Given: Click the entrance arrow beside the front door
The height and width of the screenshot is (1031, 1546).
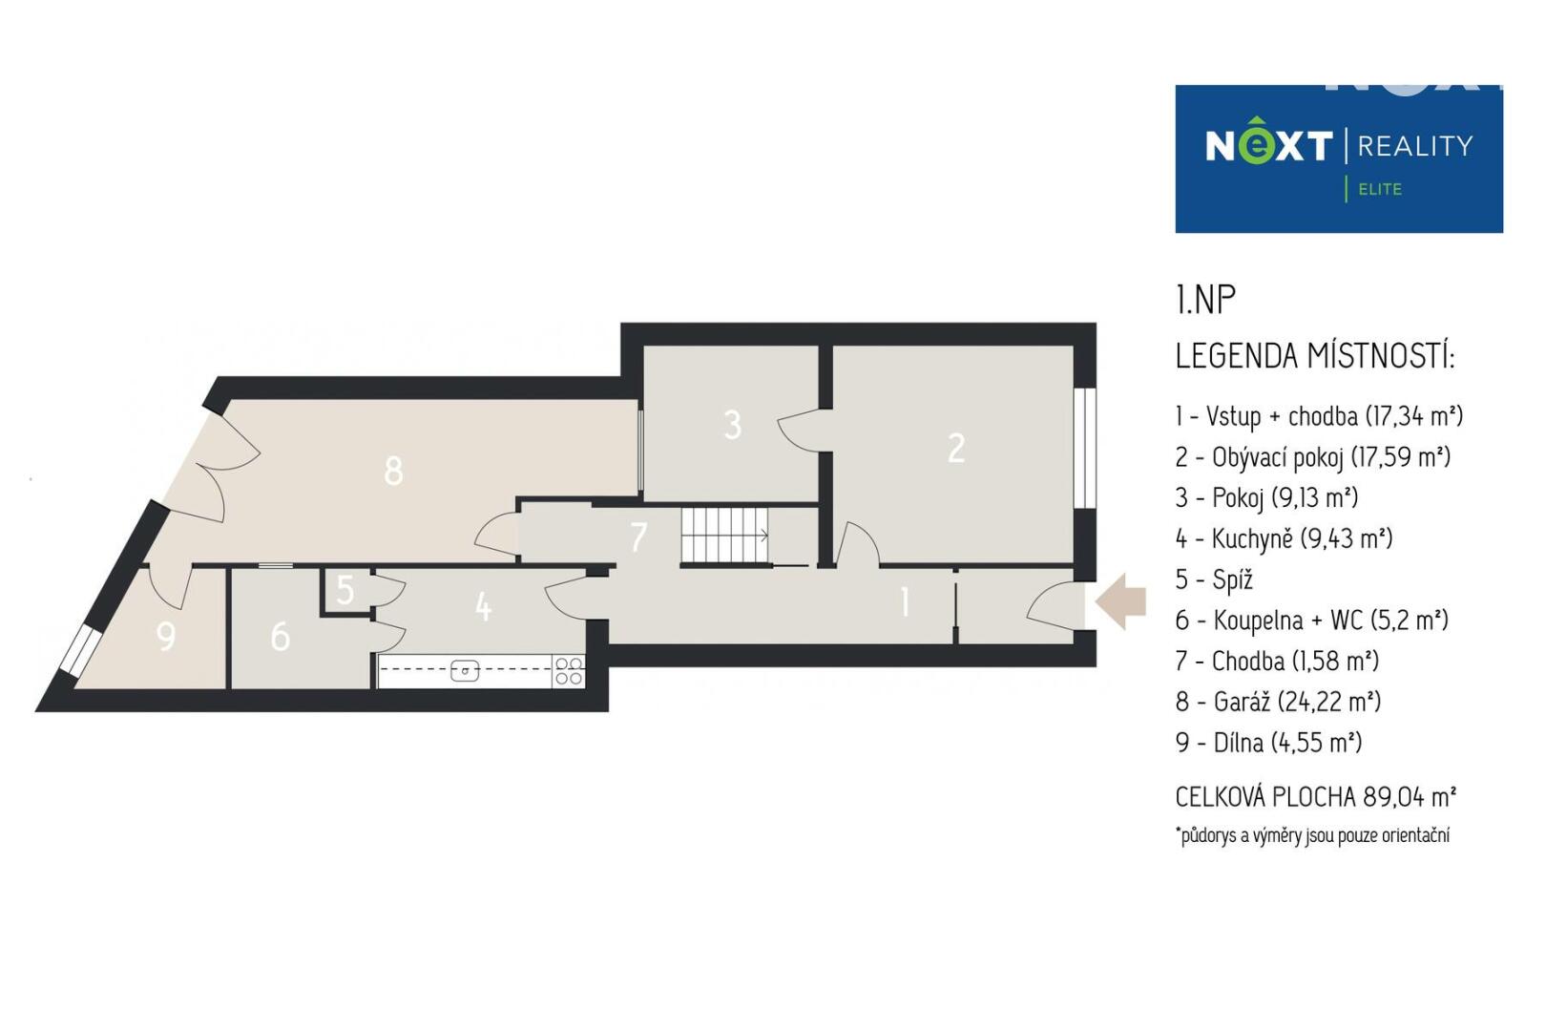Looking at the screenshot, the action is pyautogui.click(x=1120, y=602).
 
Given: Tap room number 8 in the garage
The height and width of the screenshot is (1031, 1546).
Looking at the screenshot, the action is pyautogui.click(x=393, y=471).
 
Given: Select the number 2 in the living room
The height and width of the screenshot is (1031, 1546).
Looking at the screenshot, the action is pyautogui.click(x=956, y=448).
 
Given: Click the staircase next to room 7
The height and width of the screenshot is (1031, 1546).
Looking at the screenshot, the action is pyautogui.click(x=724, y=536).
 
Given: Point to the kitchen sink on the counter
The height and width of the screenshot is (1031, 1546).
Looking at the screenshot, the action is pyautogui.click(x=465, y=670).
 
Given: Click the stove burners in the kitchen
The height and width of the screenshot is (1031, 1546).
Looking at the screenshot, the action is pyautogui.click(x=569, y=671).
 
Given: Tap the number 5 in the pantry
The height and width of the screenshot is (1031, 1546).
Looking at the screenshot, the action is pyautogui.click(x=345, y=590).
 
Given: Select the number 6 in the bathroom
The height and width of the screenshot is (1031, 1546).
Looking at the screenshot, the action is pyautogui.click(x=281, y=637).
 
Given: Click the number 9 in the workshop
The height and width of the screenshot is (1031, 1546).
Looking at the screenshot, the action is pyautogui.click(x=166, y=637).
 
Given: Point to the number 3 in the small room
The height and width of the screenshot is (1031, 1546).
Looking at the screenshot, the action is pyautogui.click(x=732, y=425).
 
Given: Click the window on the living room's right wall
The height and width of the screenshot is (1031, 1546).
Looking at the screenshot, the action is pyautogui.click(x=1086, y=448).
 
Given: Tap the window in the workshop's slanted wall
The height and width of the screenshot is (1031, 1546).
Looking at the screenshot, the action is pyautogui.click(x=79, y=648).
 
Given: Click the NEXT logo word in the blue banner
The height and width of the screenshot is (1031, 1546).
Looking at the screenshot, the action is pyautogui.click(x=1268, y=144).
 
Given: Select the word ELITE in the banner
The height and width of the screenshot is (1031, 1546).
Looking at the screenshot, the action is pyautogui.click(x=1380, y=189).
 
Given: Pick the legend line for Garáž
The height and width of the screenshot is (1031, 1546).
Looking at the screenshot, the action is pyautogui.click(x=1278, y=702).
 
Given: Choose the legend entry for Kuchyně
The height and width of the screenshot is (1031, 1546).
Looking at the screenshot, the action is pyautogui.click(x=1284, y=538).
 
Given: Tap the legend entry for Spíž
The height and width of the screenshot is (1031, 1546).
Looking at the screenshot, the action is pyautogui.click(x=1214, y=579).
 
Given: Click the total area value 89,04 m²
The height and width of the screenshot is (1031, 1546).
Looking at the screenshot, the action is pyautogui.click(x=1410, y=797).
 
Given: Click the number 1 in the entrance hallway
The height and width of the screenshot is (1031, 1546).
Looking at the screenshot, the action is pyautogui.click(x=905, y=602).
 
